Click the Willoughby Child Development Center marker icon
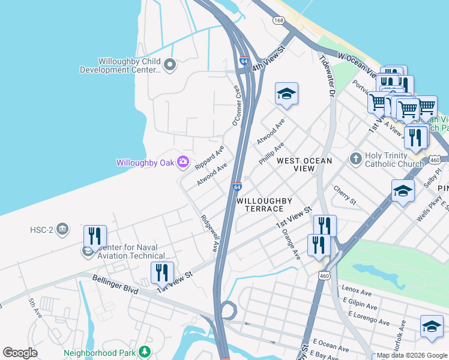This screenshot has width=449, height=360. [x=169, y=64]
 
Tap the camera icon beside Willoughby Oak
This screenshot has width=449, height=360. [x=183, y=162]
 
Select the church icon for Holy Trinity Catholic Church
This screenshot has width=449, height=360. [x=355, y=158]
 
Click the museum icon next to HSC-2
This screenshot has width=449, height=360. [x=63, y=229]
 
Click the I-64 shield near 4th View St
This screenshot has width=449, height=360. [x=243, y=61]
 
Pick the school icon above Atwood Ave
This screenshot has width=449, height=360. [x=287, y=94]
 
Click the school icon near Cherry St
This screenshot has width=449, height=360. [x=403, y=191]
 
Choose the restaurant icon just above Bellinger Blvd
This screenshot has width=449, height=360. [x=161, y=272]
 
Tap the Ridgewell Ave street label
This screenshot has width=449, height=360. [x=211, y=233]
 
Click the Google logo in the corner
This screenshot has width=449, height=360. [x=20, y=352]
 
